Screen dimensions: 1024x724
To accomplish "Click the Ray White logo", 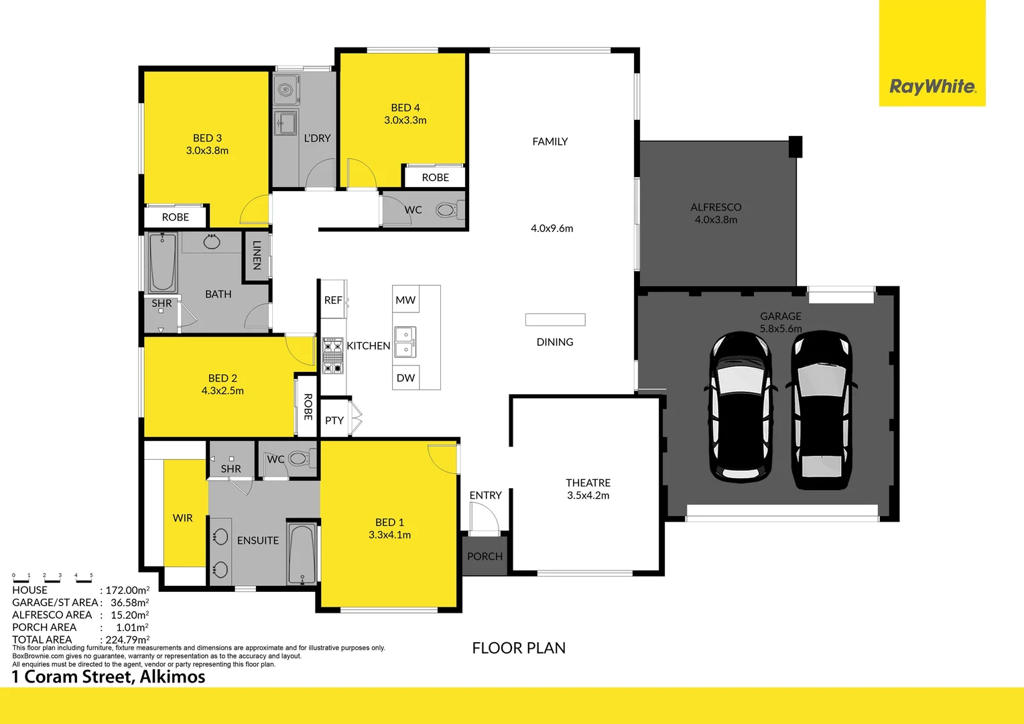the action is click(932, 86).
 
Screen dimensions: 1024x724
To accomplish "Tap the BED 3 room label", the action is click(207, 137).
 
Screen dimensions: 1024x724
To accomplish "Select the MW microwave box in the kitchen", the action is click(405, 300).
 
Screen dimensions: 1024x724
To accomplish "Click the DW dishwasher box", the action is click(405, 378).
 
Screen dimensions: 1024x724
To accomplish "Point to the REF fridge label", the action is click(333, 300).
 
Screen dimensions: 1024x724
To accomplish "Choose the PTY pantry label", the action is click(334, 420).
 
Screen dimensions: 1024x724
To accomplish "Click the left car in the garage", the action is click(741, 407).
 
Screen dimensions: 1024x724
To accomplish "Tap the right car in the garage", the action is click(822, 410).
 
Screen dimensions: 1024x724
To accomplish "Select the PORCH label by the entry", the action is click(485, 556).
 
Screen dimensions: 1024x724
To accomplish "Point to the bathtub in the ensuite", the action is click(302, 554).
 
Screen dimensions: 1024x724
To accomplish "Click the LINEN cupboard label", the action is click(257, 255).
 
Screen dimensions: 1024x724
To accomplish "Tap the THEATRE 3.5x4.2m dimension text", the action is click(588, 495).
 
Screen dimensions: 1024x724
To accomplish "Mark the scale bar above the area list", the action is click(52, 579).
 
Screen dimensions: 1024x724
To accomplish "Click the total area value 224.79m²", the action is click(127, 640).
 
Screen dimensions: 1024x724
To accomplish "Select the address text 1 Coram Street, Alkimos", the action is click(109, 677).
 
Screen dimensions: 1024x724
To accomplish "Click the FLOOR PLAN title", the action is click(519, 648).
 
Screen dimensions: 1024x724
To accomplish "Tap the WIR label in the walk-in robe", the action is click(182, 518).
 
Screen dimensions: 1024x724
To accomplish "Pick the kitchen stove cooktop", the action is click(332, 355).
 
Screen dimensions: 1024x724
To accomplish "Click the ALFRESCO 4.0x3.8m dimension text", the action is click(716, 219).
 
